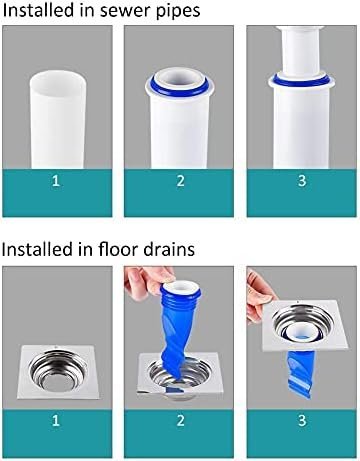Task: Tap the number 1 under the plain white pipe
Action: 56,181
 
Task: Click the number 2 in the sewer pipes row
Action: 180,181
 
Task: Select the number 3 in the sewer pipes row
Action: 302,181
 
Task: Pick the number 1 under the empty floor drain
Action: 56,420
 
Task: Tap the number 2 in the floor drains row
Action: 180,420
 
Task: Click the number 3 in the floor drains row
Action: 302,420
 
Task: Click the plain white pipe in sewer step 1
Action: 57,120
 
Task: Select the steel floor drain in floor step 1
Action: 58,372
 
